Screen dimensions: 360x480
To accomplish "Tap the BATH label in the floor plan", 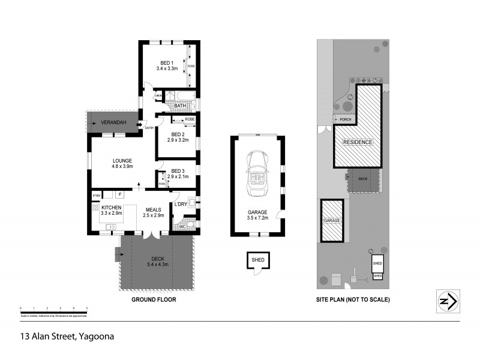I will (x=180, y=106).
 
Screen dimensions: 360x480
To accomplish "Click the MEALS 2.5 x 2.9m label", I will (x=153, y=212).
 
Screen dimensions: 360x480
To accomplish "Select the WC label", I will (x=182, y=227).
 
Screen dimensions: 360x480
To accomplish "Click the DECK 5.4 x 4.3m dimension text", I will (x=158, y=261).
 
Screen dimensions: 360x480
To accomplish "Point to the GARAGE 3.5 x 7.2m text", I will (x=257, y=215).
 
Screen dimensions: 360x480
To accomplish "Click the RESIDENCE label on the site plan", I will (x=358, y=142).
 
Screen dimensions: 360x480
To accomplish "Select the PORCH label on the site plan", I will (x=346, y=119).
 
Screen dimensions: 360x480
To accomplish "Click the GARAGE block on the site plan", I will (x=332, y=221).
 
